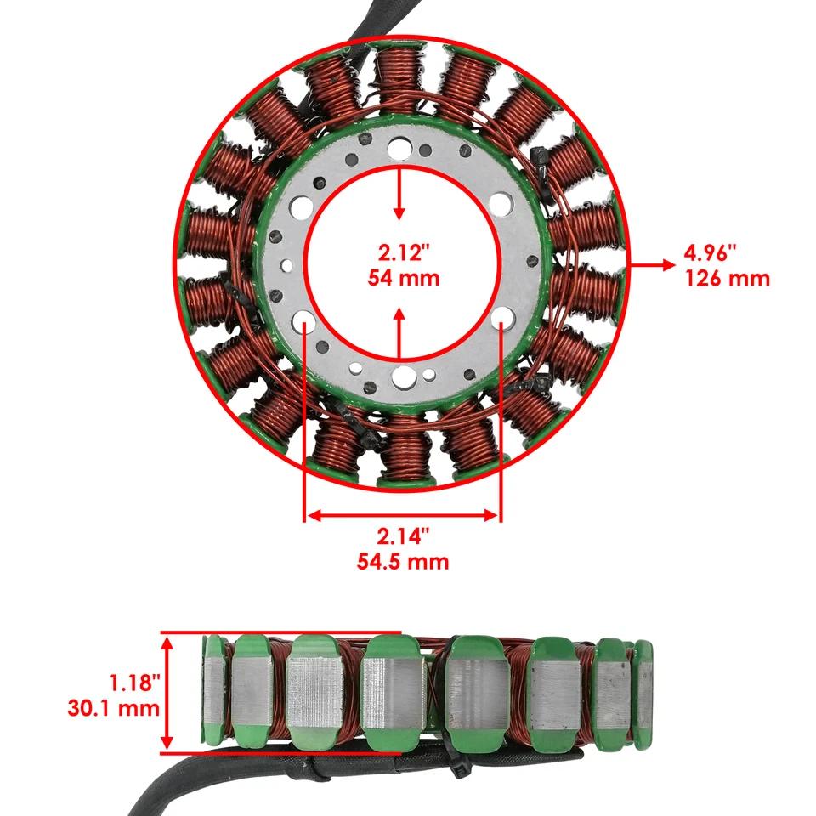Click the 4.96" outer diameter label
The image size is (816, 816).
pos(710,252)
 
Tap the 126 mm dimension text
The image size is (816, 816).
pos(728,278)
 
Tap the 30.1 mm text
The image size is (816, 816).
pos(114,707)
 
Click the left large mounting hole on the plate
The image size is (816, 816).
pos(303,320)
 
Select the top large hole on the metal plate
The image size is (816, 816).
pos(398,151)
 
